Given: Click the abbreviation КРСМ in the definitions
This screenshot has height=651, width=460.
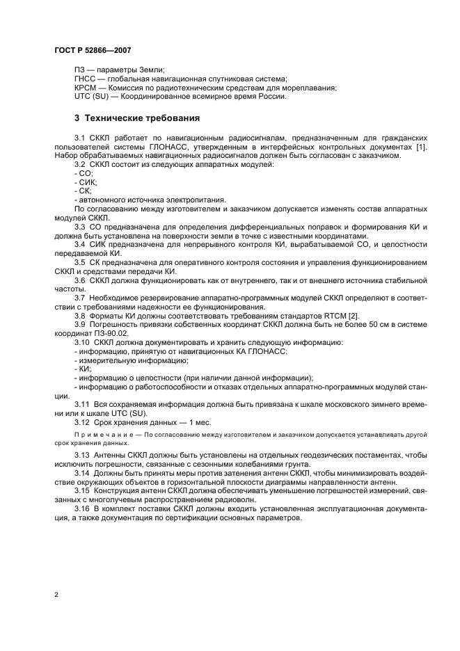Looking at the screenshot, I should [x=86, y=88].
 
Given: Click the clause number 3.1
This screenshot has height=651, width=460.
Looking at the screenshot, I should [x=80, y=139].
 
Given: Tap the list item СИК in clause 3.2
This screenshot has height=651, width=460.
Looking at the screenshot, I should [x=87, y=182].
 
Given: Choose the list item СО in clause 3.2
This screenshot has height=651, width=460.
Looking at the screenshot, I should [x=85, y=173].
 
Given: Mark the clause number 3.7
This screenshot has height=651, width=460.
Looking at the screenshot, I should [x=80, y=298].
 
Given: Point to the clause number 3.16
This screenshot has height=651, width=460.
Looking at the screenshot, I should [x=82, y=508].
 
